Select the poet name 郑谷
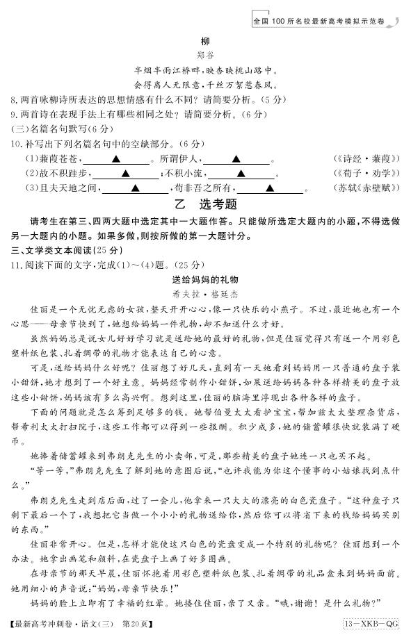pos(204,56)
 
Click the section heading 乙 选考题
pos(205,204)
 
